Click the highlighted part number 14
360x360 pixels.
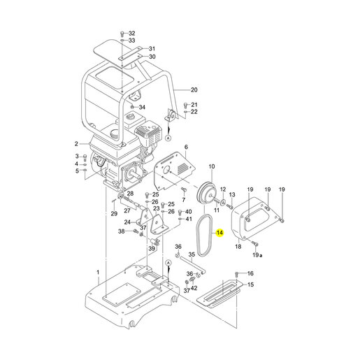tap(219, 233)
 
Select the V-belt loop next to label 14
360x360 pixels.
tap(198, 236)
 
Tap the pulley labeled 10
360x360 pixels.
tap(207, 193)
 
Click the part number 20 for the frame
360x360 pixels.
tap(194, 89)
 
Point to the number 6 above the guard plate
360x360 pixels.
tap(186, 147)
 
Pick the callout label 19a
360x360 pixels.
tap(257, 255)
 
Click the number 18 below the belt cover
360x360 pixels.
tap(238, 246)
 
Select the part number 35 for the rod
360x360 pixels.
tap(192, 254)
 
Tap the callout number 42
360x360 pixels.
tap(194, 288)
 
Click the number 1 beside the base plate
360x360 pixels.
tap(98, 272)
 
